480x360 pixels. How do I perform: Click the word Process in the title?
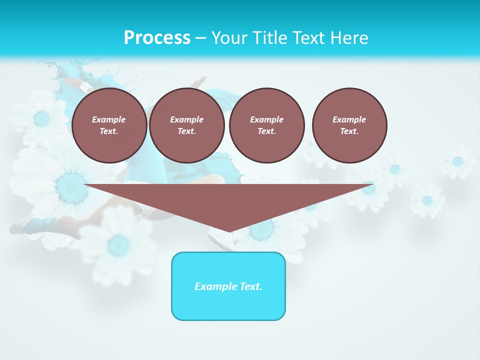coord(157,38)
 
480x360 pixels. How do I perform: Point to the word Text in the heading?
coord(308,38)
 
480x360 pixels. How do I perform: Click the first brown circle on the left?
coord(109,125)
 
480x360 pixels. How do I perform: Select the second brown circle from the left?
coord(186,125)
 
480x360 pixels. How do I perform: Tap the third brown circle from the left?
coord(266,125)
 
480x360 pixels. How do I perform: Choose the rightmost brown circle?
coord(349,125)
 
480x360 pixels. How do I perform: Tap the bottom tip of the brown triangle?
coord(229,231)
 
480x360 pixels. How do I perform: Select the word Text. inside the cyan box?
coord(250,286)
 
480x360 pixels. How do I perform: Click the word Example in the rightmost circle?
coord(349,119)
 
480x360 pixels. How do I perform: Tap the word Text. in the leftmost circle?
coord(109,131)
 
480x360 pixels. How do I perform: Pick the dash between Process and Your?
coord(200,38)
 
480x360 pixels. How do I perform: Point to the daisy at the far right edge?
coord(457,161)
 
